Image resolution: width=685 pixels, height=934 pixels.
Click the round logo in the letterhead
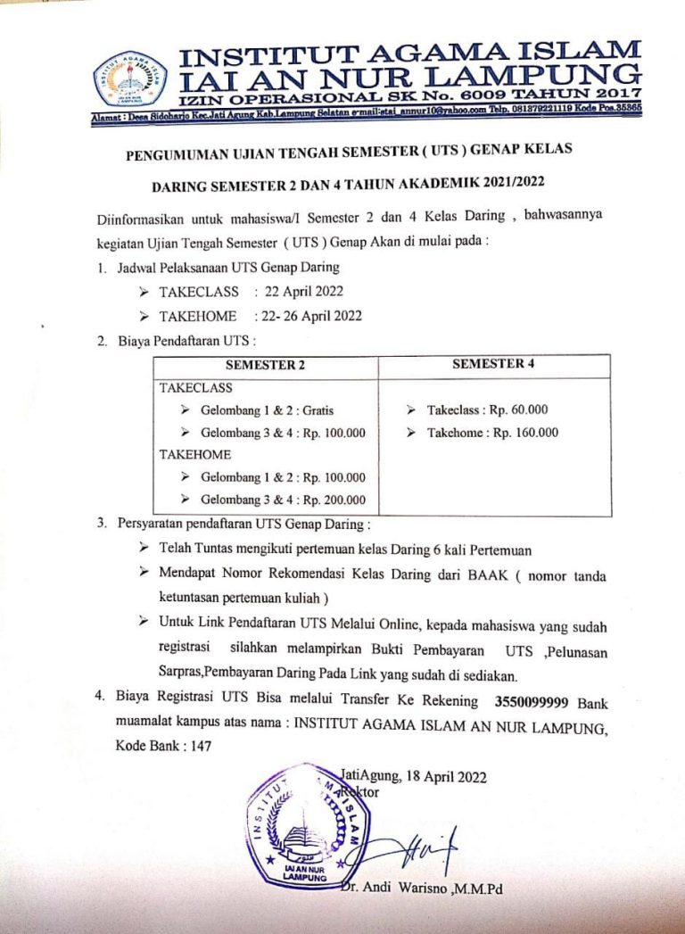[x=131, y=79]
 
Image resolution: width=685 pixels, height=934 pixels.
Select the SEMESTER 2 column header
[x=265, y=365]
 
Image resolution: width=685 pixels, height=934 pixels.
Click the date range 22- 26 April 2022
[x=309, y=315]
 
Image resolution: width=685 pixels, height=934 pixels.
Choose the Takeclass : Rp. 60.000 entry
[x=487, y=410]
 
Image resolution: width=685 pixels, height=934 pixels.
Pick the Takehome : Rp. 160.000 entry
[x=492, y=433]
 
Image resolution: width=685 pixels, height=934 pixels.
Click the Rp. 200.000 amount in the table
[x=334, y=500]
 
